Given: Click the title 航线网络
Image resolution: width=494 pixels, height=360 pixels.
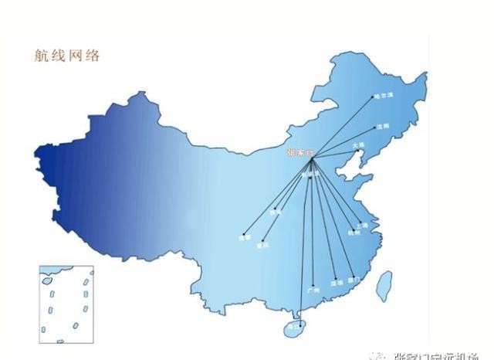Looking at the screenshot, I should pos(68,56).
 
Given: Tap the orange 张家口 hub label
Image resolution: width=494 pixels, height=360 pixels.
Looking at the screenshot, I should pos(298,153).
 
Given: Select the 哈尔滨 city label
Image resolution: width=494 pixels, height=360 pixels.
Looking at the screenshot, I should pos(384,97).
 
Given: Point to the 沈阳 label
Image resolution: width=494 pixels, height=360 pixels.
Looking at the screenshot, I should pos(384,126).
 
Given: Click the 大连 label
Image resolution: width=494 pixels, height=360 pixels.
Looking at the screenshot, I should pos(357,144).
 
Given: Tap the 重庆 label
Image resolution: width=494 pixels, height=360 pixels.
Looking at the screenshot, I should pos(263,244).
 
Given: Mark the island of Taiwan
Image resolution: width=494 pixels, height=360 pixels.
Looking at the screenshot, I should pos(384,286).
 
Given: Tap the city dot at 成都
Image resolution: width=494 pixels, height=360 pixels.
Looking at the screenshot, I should pos(243,234).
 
